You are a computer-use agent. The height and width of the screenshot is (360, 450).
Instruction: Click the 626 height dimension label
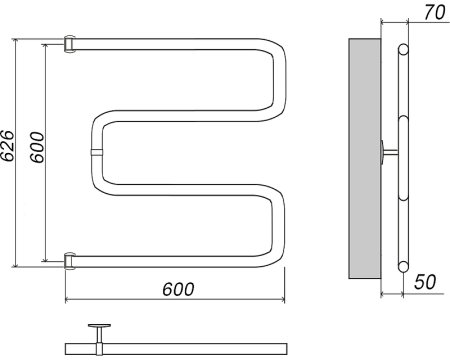[x=7, y=146]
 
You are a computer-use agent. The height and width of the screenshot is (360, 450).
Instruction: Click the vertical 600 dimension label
[x=37, y=147]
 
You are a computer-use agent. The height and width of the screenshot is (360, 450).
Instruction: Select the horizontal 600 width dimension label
[x=178, y=289]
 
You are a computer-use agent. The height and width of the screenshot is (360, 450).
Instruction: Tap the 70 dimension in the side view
[x=435, y=12]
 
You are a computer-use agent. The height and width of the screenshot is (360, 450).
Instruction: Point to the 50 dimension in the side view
[x=425, y=282]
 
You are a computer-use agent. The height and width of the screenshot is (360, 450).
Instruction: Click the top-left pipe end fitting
[x=70, y=44]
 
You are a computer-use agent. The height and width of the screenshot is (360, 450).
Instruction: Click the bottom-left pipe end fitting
[x=70, y=261]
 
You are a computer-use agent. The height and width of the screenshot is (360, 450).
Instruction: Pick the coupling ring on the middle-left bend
[x=96, y=152]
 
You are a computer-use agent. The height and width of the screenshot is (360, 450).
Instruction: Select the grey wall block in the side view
[x=365, y=158]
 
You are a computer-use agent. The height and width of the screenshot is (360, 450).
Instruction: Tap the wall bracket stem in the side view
[x=390, y=152]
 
